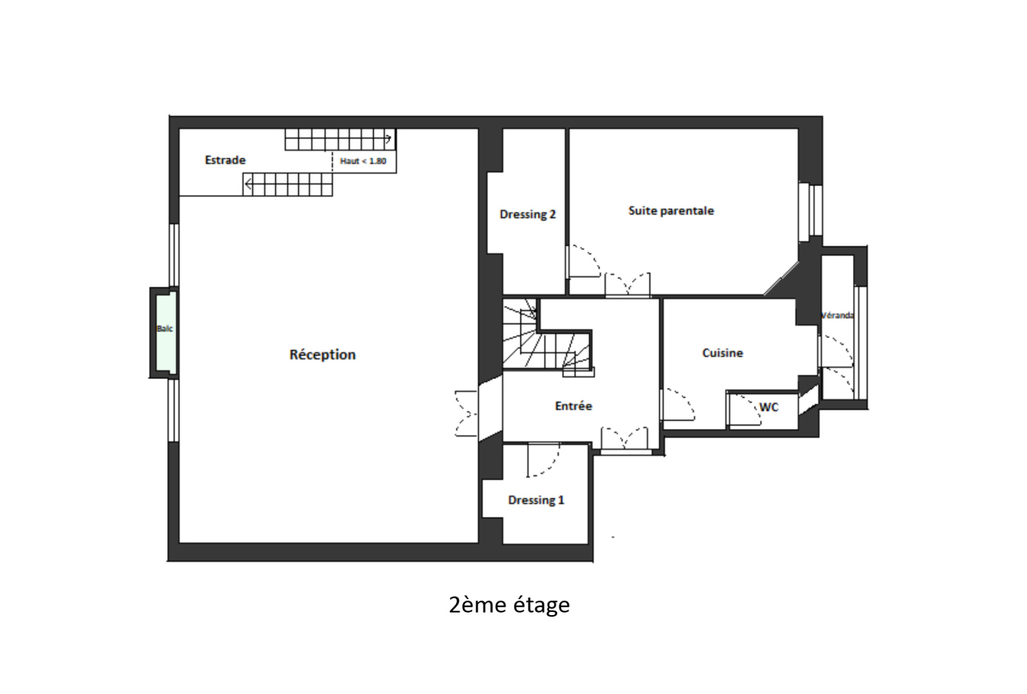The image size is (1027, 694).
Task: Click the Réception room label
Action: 322,354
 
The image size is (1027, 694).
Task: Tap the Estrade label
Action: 225,160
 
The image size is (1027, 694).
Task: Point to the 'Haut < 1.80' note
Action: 363,161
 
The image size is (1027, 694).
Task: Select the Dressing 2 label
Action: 527,214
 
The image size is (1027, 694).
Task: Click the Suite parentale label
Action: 671,211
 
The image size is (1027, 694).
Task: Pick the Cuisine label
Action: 723,353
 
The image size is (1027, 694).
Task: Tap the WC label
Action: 769,407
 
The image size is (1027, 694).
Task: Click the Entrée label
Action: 573,406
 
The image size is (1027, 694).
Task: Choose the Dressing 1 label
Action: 536,500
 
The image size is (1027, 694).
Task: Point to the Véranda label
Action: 837,315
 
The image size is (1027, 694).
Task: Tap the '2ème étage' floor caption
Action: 509,605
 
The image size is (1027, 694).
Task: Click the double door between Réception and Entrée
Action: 466,414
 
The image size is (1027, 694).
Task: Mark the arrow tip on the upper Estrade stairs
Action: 391,139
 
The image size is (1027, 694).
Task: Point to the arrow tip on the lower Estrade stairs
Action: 246,185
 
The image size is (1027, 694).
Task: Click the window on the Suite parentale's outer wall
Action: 809,212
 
